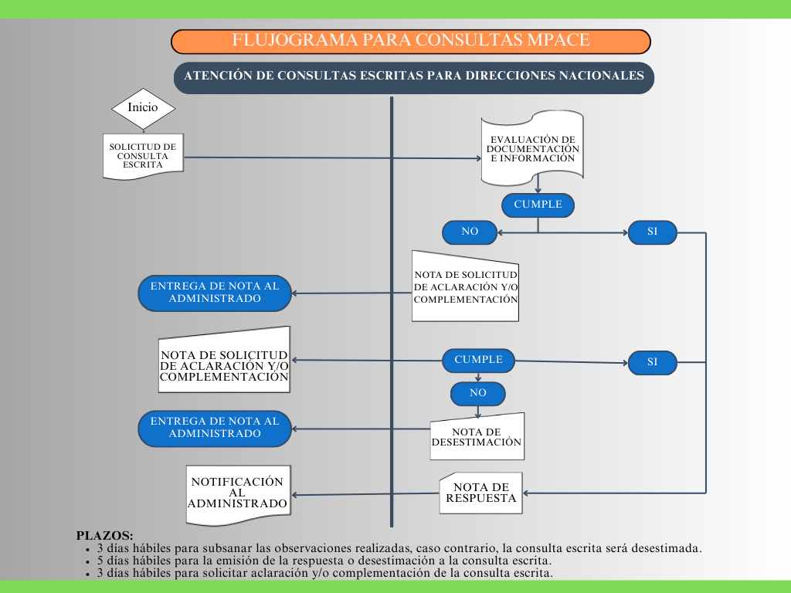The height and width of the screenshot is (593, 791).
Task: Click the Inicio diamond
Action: pos(143,107)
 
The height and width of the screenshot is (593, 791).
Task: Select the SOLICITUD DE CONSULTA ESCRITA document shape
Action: pos(142,155)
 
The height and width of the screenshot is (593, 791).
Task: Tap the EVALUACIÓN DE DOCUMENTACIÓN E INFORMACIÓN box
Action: pos(532,149)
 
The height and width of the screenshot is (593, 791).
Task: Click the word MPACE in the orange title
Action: pos(554,41)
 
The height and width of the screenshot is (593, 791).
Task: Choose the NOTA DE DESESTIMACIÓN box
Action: pos(477,437)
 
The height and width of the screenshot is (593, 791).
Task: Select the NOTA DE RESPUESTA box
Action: pos(480,493)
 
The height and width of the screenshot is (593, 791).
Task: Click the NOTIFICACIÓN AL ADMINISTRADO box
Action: pos(238,493)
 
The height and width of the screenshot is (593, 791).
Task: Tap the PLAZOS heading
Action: pos(104,535)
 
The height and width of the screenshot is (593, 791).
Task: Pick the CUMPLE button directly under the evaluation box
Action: pos(538,205)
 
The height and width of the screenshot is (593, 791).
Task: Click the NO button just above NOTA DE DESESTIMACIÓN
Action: pos(478,393)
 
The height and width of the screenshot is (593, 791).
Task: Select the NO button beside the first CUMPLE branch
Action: pos(470,232)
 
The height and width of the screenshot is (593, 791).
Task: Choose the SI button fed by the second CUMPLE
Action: pos(652,362)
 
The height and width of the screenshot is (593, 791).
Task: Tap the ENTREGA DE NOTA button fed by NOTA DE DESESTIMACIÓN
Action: pos(215,428)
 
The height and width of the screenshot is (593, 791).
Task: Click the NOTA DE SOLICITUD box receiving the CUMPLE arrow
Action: pos(224,360)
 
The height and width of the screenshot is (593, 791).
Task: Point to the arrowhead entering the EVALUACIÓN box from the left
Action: pos(477,159)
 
